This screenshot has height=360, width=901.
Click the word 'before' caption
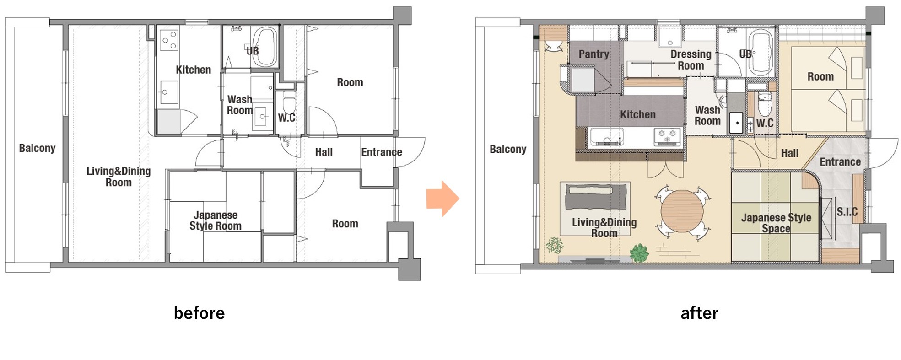coord(199,313)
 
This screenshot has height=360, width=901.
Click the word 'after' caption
coord(699,313)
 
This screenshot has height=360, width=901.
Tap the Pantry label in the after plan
coord(593,54)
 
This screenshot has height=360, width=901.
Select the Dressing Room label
coord(691,60)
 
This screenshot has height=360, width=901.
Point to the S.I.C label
coord(847,212)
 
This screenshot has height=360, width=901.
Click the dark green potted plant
coord(639,253)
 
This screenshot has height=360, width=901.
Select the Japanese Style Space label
coord(776,223)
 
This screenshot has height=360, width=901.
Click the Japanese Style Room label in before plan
coord(215,220)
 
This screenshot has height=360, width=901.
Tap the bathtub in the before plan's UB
coord(265,47)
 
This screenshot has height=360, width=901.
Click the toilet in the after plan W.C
coord(765,104)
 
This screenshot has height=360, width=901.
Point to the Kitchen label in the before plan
coord(193,70)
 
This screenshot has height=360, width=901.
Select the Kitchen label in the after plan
coord(637,115)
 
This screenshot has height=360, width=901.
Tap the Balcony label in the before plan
coord(37,148)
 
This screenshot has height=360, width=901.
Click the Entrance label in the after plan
coord(840,162)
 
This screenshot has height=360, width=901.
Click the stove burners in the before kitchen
coord(169,40)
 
